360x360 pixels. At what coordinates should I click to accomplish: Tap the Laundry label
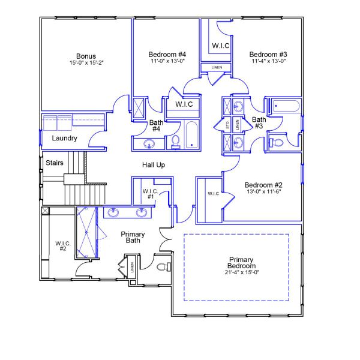(64, 138)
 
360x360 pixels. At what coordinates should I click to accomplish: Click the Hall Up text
(154, 164)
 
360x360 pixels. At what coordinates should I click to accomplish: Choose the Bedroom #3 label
(267, 55)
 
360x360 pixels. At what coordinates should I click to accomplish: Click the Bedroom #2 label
(263, 185)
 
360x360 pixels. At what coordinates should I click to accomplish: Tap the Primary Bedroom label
(242, 262)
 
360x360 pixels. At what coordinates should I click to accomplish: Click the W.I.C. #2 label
(64, 246)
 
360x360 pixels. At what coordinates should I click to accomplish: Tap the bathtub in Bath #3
(286, 108)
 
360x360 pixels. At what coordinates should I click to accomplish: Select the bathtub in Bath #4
(190, 136)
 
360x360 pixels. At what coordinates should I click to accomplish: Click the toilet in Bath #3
(277, 143)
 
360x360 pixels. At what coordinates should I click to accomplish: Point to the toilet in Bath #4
(176, 142)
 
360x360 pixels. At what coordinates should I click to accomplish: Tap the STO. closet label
(228, 125)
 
